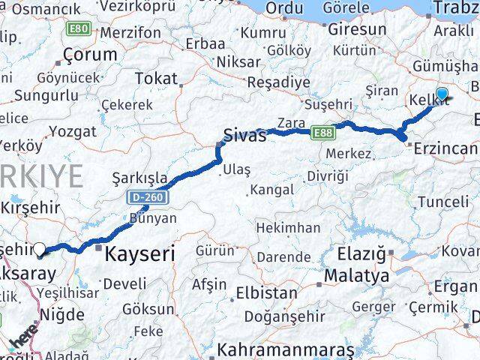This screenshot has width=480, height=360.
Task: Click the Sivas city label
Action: (245, 136)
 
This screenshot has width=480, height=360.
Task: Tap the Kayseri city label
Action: (140, 254)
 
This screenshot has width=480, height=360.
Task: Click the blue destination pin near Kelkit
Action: (442, 94)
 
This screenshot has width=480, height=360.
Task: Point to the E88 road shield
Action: (323, 131)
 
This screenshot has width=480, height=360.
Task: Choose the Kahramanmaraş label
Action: (285, 350)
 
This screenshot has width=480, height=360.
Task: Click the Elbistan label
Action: (262, 292)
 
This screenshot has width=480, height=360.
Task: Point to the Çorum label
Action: (91, 55)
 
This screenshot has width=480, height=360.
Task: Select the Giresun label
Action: (356, 31)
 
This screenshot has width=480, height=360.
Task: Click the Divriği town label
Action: (327, 175)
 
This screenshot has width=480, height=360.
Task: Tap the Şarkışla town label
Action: (139, 178)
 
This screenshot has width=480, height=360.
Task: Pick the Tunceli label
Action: (442, 202)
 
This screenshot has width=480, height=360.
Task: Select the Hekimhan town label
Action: (287, 227)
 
